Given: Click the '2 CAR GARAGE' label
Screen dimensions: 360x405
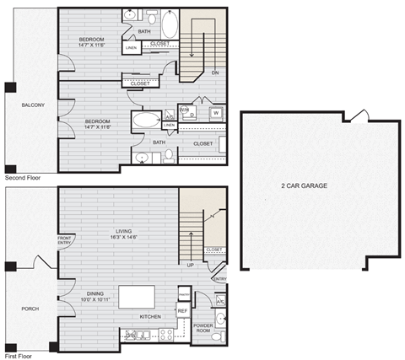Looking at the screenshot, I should click(x=305, y=185).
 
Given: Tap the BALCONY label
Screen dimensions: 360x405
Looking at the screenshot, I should click(x=21, y=105).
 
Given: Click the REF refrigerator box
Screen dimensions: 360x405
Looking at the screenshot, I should click(x=182, y=311).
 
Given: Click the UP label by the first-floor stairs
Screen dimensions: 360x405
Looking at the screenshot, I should click(x=192, y=266).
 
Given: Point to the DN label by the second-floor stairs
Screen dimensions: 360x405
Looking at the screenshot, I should click(x=214, y=73).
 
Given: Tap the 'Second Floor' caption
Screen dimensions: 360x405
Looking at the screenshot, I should click(x=22, y=179).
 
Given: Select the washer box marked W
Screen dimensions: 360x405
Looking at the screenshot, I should click(x=216, y=113).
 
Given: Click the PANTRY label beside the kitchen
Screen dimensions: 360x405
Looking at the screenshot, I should click(x=184, y=294).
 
